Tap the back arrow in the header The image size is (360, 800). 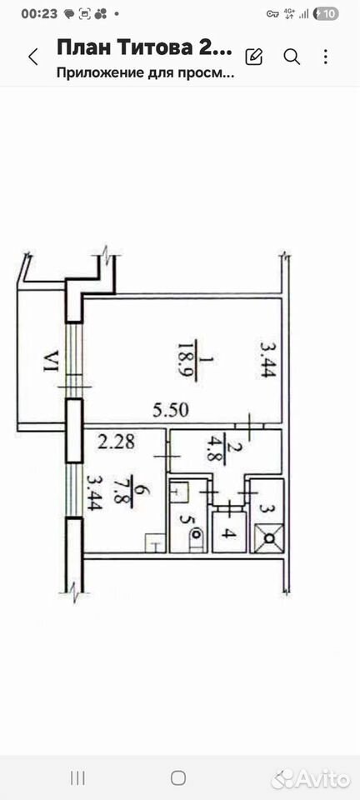pos(33,57)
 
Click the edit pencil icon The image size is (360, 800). pos(254,56)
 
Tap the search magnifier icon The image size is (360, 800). pos(292,57)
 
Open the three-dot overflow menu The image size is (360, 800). pos(325,57)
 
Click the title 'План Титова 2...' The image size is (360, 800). pos(145,48)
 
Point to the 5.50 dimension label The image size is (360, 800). pos(171,410)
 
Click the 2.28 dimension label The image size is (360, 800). pos(117,442)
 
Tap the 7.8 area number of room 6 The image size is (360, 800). pos(125,491)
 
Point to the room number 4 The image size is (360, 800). pos(229,533)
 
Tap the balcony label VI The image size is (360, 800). pos(50,360)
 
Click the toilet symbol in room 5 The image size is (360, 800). pos(195,539)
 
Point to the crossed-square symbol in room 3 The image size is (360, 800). pos(268,537)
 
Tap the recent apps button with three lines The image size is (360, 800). pos(77,777)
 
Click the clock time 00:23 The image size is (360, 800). pos(39,14)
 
